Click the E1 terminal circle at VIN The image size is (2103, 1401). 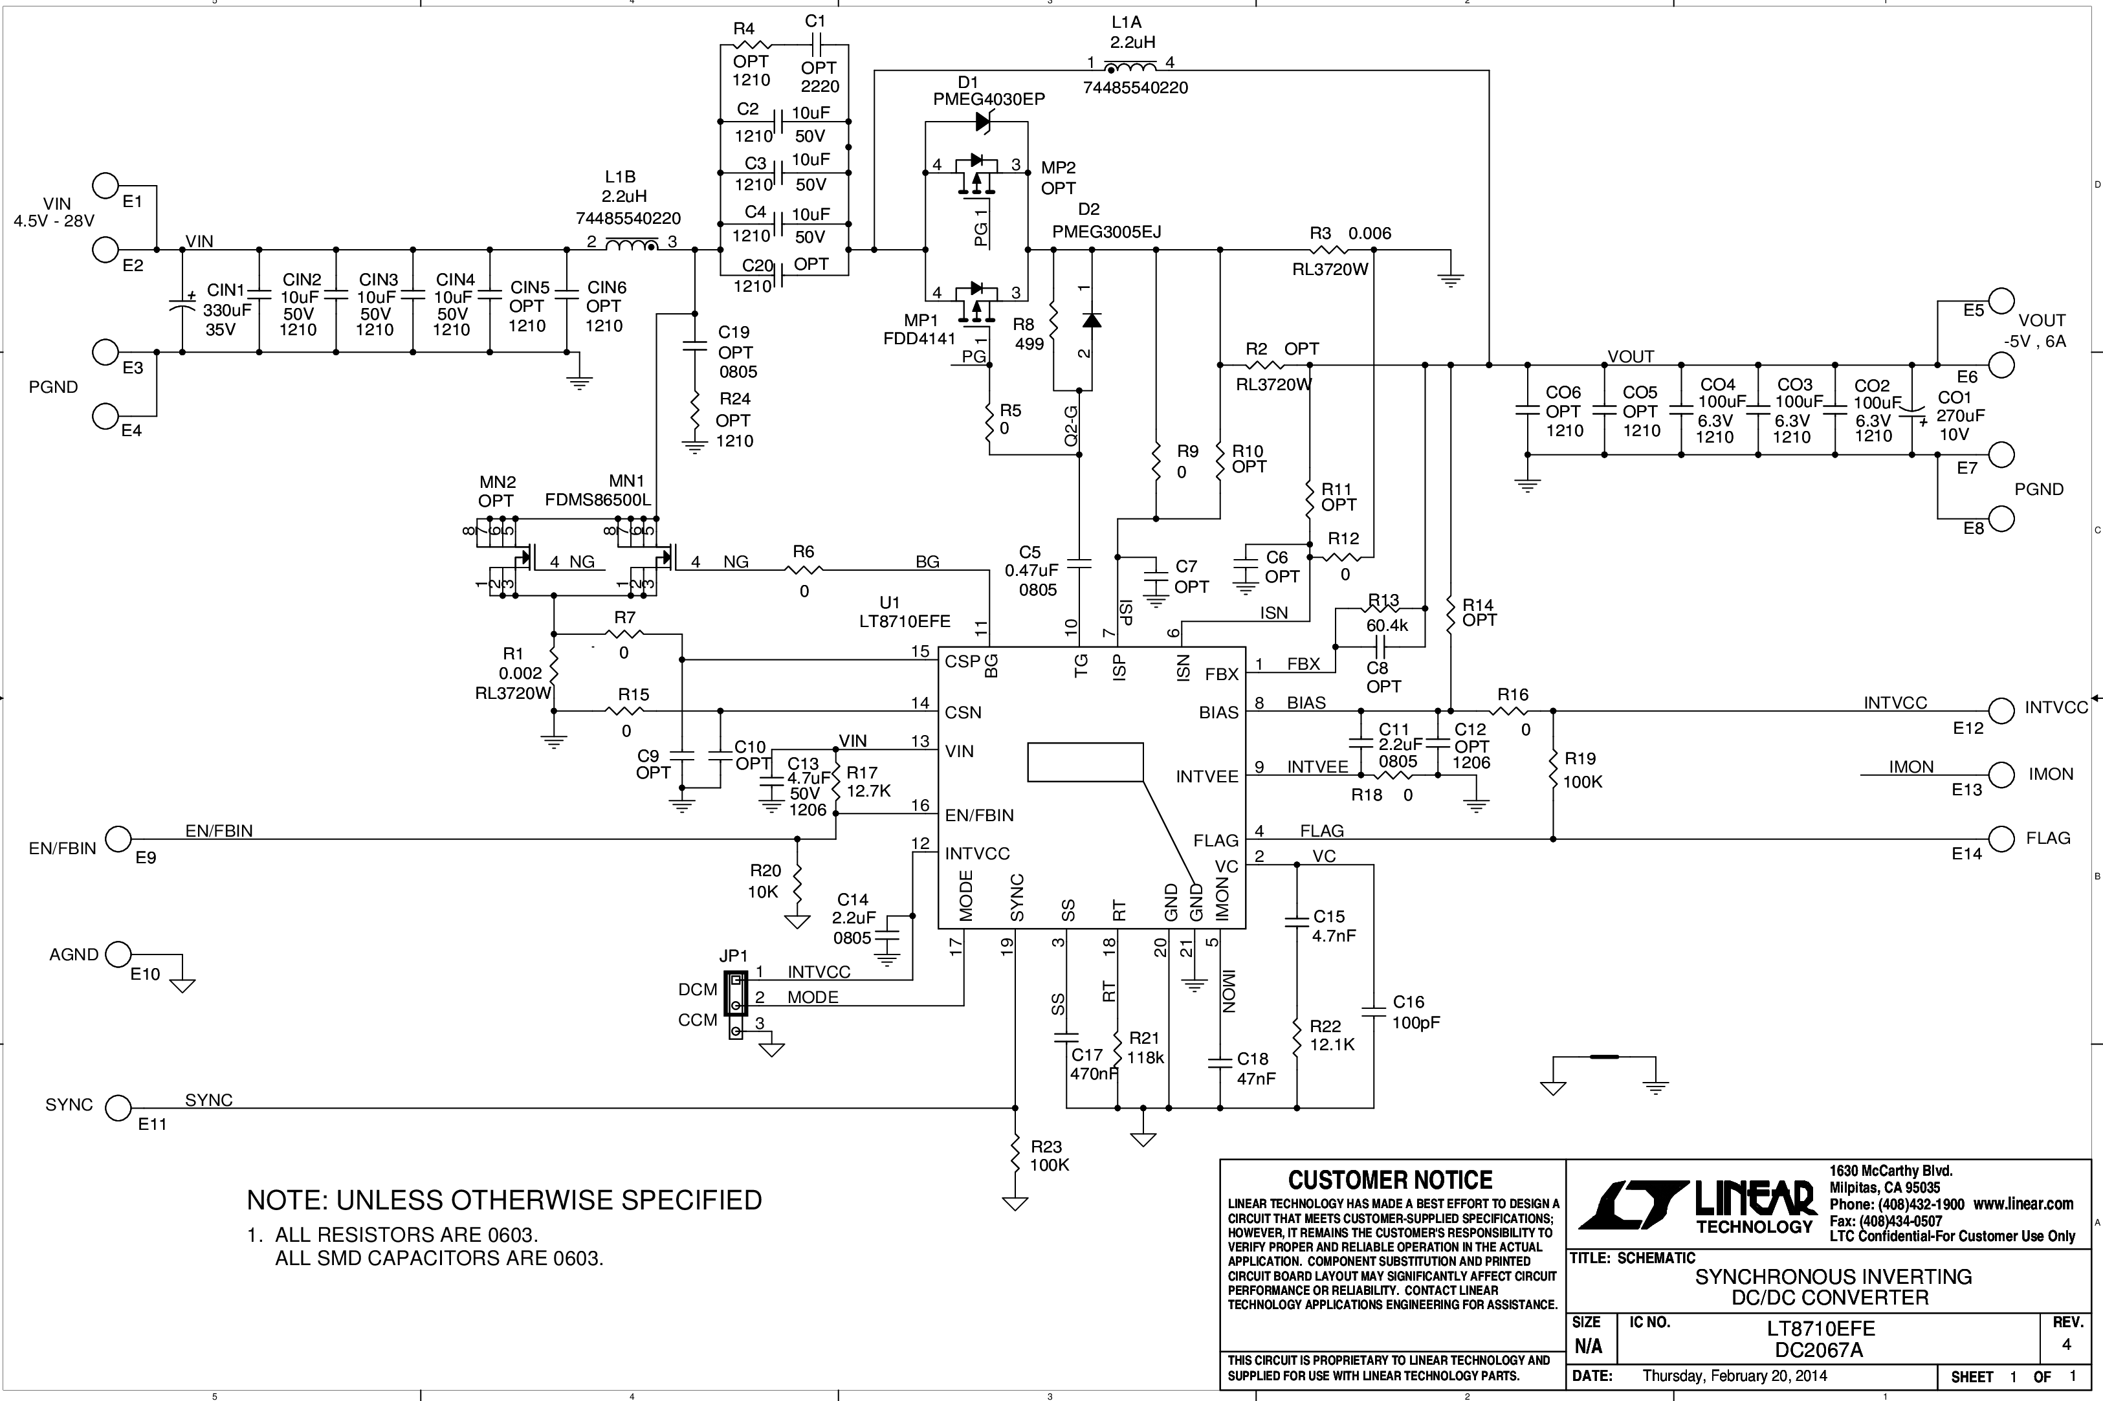[x=105, y=186]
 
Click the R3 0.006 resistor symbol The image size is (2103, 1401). [x=1333, y=250]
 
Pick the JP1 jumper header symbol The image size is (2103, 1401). [x=735, y=1005]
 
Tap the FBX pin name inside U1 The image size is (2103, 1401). [x=1221, y=674]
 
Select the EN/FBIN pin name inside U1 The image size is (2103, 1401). [x=979, y=815]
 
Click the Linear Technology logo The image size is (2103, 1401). [x=1697, y=1206]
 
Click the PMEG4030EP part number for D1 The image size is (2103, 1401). [x=989, y=99]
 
